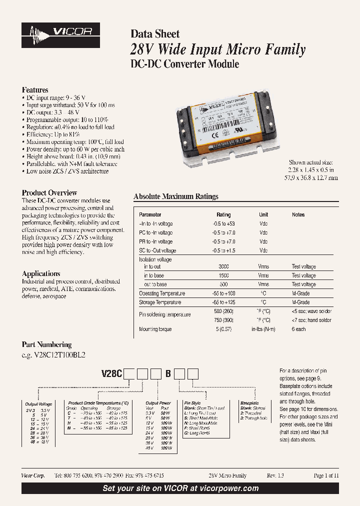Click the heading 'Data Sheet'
[x=155, y=34]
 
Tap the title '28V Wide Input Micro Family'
[x=217, y=49]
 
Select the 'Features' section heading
[x=35, y=90]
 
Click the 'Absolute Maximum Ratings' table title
[x=176, y=196]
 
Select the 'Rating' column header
[x=223, y=214]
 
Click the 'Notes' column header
[x=298, y=214]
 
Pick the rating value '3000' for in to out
[x=223, y=266]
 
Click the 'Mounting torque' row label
[x=155, y=329]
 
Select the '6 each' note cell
[x=299, y=329]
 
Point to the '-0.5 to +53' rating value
[x=223, y=223]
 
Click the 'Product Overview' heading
[x=49, y=192]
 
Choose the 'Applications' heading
[x=41, y=273]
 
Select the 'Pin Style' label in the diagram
[x=192, y=402]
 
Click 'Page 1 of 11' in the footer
[x=326, y=475]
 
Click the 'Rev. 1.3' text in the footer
[x=275, y=475]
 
